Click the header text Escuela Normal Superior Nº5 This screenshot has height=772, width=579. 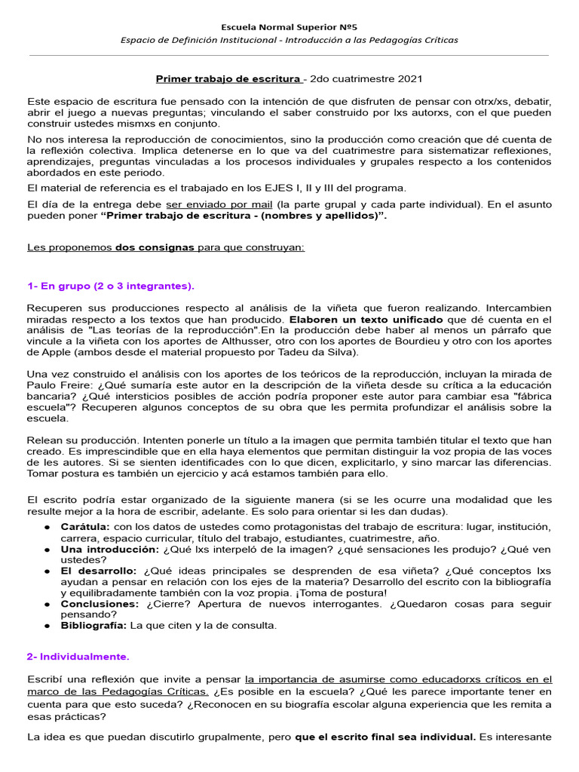pos(289,26)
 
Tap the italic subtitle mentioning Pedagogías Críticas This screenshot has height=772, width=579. pos(289,40)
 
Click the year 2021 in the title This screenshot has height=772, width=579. pos(407,78)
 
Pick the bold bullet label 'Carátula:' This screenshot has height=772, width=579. pos(86,526)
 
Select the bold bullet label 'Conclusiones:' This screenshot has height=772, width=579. pos(100,604)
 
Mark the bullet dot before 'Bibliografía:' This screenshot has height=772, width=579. pos(47,626)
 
